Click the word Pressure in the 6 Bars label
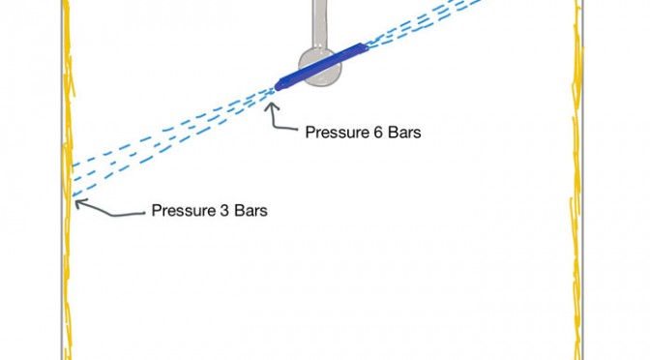point(334,133)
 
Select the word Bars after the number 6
point(404,133)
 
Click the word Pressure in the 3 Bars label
point(180,210)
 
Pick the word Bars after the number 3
point(251,210)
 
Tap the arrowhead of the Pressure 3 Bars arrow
point(78,203)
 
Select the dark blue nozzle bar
point(321,67)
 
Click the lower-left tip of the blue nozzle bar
point(277,87)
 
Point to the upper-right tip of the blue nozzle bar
point(366,46)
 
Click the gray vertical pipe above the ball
point(320,23)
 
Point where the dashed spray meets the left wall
point(73,180)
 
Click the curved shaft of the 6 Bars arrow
point(281,124)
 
